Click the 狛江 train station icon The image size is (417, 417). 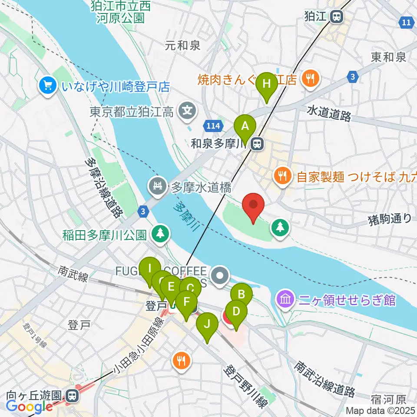(336, 17)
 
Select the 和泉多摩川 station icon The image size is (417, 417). (258, 143)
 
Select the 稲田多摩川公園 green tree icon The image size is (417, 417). (161, 234)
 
